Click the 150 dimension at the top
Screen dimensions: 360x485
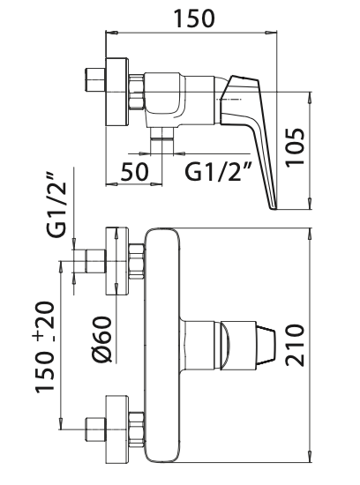tap(194, 19)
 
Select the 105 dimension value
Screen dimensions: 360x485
tap(295, 148)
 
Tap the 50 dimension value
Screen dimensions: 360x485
tap(134, 171)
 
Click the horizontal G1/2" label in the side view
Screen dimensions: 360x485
tap(219, 171)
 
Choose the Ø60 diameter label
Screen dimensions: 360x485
tap(101, 339)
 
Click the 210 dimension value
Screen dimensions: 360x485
tap(295, 346)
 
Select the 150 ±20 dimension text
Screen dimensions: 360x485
tap(45, 347)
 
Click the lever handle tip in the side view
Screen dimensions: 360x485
tap(274, 207)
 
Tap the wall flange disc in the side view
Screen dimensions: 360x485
tap(116, 92)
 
